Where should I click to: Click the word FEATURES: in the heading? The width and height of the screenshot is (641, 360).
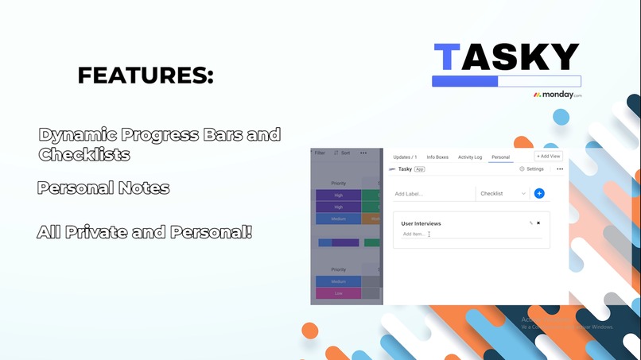coord(146,76)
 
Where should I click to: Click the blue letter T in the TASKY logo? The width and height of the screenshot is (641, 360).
coord(447,57)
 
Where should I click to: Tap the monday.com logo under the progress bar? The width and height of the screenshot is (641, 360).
coord(557,95)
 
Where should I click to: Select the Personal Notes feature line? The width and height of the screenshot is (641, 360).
coord(103,188)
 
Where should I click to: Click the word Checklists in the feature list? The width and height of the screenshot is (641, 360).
coord(84,155)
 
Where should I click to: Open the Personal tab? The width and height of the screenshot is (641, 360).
coord(500,157)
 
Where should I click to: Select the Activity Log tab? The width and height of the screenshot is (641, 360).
coord(470,157)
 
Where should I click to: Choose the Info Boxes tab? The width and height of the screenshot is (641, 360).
coord(437,157)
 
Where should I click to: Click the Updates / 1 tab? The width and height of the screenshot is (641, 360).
coord(405,157)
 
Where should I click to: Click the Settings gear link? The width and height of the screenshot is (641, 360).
coord(531,169)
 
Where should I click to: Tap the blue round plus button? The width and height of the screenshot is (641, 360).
coord(539,193)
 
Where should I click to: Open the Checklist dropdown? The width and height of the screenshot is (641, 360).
coord(503,193)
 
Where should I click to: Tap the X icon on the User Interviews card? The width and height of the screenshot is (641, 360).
coord(538,223)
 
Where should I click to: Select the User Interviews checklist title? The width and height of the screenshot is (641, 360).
coord(421,224)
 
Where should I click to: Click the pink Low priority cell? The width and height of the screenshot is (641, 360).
coord(338,293)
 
